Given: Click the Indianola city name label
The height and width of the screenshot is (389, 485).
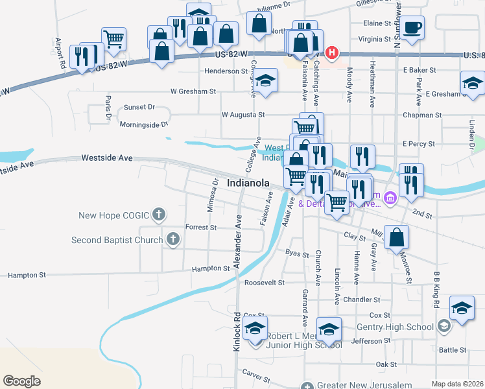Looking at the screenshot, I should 248,183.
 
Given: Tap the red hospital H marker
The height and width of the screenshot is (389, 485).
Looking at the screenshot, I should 333,52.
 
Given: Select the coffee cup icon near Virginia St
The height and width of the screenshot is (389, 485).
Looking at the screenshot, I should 412,28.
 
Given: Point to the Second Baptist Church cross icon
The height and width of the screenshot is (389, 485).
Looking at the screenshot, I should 172,240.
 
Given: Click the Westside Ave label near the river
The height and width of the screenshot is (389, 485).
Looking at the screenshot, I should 107,158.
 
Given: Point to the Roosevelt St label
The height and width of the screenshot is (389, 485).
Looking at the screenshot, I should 265,283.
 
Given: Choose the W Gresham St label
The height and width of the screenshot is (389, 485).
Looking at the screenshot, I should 193,91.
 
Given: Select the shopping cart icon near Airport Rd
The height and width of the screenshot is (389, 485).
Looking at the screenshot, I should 114,38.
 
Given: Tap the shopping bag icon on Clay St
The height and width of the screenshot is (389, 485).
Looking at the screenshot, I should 397,237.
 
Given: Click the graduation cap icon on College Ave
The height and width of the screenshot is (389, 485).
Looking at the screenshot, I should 265,80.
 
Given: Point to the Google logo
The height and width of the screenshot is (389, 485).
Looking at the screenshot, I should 21,381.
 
